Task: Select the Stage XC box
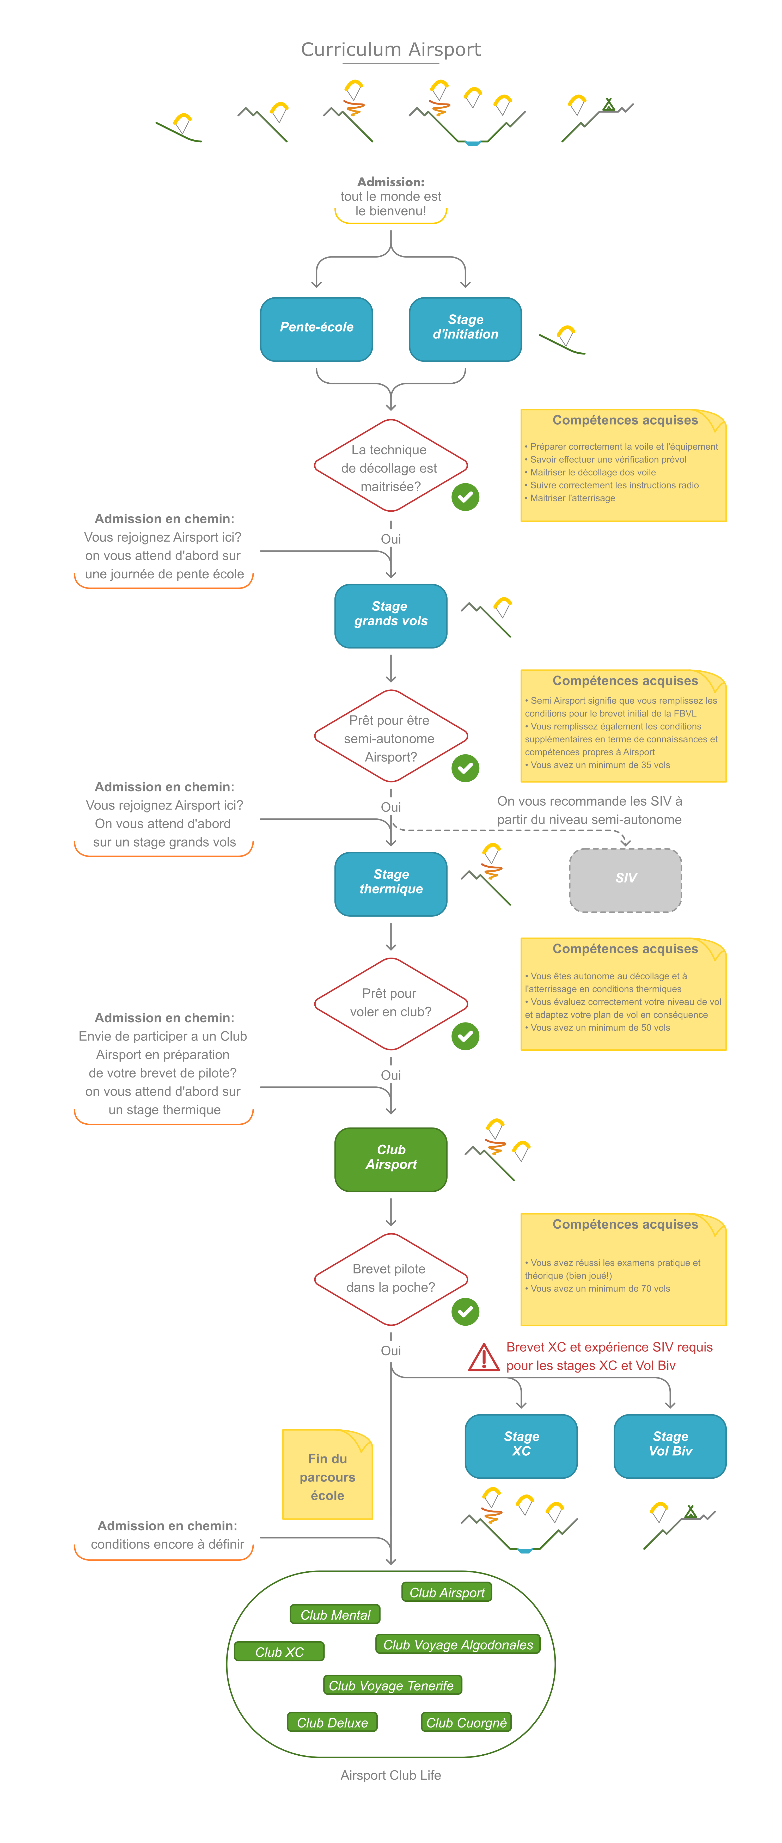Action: (x=521, y=1445)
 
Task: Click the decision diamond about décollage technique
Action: (x=391, y=467)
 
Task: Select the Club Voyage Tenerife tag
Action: (x=392, y=1686)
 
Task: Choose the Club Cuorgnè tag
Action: (x=467, y=1723)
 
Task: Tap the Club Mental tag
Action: (x=335, y=1615)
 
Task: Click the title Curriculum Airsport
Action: (x=391, y=49)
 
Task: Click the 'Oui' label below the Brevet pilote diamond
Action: (x=391, y=1351)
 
